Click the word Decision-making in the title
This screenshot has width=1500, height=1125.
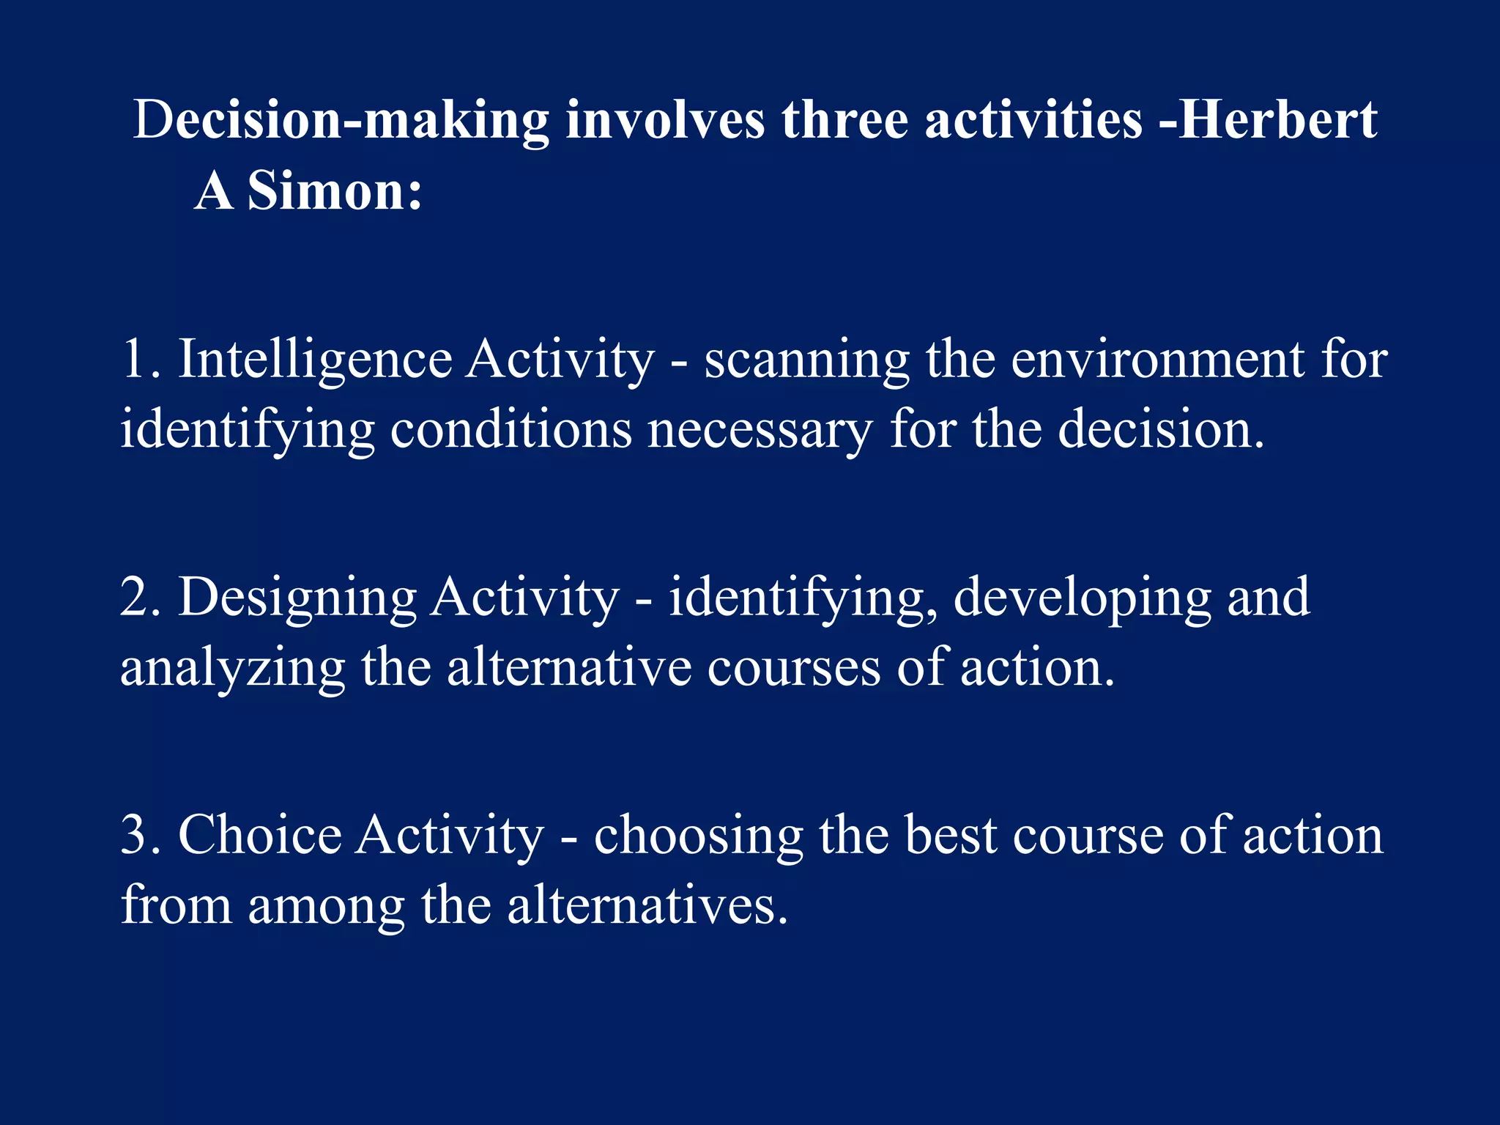(341, 121)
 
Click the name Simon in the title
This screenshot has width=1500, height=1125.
(335, 192)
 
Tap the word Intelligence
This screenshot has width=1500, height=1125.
(316, 361)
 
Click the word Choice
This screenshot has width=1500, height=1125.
(260, 835)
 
